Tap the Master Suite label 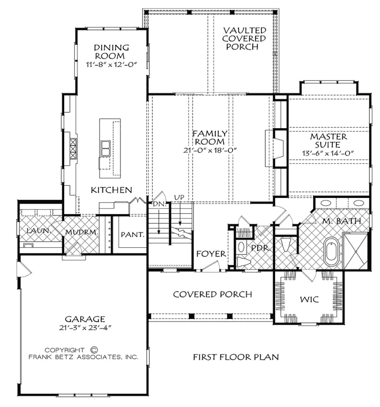[x=329, y=141]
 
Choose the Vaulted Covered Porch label [x=245, y=39]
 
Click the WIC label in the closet [x=309, y=300]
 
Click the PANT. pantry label [x=131, y=235]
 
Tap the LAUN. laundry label [x=38, y=231]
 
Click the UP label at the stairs [x=179, y=197]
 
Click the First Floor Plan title [x=235, y=357]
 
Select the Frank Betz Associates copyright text [x=90, y=357]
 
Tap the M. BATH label [x=342, y=221]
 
